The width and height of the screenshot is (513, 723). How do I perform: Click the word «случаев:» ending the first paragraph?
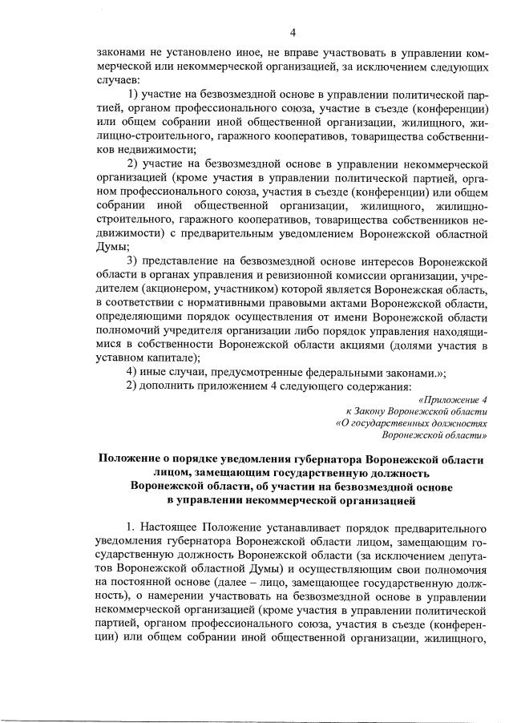pos(118,81)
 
